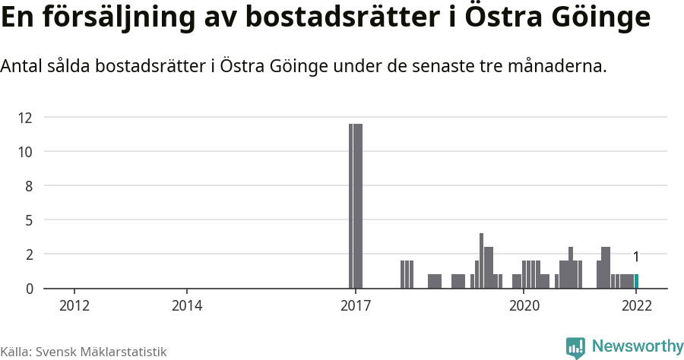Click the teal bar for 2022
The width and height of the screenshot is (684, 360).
[x=636, y=281]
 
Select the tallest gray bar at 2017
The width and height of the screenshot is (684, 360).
[x=356, y=206]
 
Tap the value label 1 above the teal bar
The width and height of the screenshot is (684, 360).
[x=636, y=257]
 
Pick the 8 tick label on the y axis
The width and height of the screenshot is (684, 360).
[x=29, y=186]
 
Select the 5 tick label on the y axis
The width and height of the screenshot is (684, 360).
[x=29, y=220]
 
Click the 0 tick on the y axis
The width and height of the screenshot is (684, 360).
[x=29, y=289]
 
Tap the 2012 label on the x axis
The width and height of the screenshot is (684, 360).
[x=74, y=306]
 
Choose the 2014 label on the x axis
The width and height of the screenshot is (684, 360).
[x=187, y=306]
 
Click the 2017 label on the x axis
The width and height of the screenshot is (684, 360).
[x=355, y=306]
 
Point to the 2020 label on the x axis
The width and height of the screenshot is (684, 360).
[x=524, y=306]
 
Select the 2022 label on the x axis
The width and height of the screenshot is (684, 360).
[x=636, y=306]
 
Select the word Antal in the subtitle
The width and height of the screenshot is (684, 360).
[x=22, y=66]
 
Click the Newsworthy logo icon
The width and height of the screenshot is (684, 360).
[x=575, y=347]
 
